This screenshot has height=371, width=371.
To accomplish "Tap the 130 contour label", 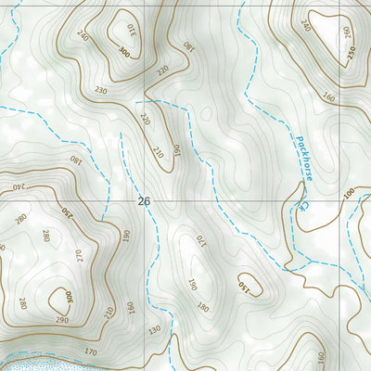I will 154,329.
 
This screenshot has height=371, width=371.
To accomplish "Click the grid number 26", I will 142,200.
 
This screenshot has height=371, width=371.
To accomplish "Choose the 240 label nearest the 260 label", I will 305,26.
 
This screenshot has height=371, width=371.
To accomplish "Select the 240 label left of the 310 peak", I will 84,36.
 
